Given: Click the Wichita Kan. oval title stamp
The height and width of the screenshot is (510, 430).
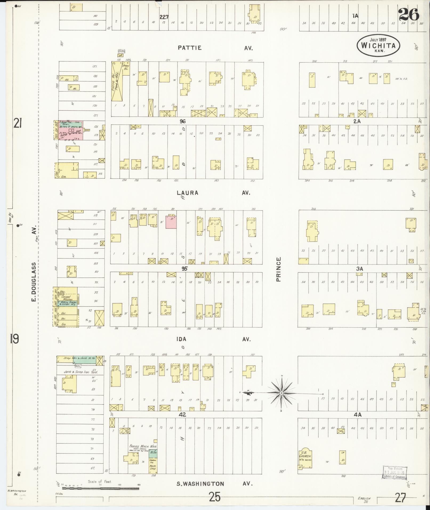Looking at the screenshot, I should coord(378,46).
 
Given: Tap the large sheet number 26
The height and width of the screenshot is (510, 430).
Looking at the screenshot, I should coord(408,15).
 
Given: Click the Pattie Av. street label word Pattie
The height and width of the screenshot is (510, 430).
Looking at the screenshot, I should coord(190,48).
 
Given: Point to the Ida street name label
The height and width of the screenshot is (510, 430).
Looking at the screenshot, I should coord(181,339).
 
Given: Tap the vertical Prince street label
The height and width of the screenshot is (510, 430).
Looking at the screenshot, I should coord(279,269).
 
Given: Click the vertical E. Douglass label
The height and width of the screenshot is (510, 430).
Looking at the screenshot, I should coord(34,277).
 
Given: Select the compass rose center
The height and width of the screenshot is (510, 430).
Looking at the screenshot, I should coord(282,393).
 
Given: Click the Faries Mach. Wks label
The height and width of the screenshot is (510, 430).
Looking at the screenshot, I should coord(143,446).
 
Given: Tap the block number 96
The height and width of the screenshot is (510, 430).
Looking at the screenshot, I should coord(182,121).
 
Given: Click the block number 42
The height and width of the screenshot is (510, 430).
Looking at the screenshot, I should coord(182,415).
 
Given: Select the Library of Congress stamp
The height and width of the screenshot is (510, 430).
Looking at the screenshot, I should coord(395,473).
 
